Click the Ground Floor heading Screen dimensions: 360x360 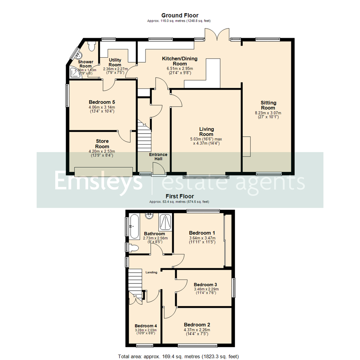coord(180,15)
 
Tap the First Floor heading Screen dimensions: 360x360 coord(180,196)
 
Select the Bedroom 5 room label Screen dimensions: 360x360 coord(102,102)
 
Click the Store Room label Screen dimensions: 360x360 coord(102,144)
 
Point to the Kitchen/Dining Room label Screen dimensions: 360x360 coord(180,61)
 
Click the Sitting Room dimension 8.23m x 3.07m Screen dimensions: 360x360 coord(268,113)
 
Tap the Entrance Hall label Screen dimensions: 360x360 coord(158,157)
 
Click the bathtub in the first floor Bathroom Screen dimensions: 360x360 coord(134,227)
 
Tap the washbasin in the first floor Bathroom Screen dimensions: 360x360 coord(149,216)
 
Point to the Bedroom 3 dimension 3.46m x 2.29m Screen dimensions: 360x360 coord(205,289)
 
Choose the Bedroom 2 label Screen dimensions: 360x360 coord(197,325)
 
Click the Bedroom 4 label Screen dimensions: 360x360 coord(146,326)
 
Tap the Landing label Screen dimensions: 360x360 coord(151,272)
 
